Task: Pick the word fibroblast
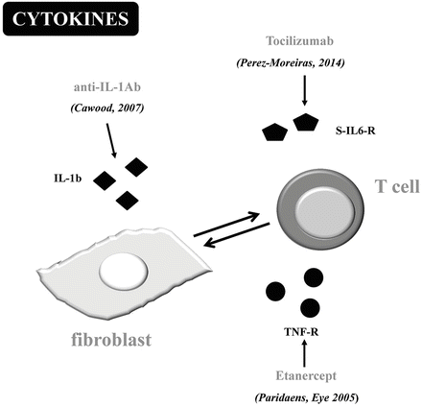click(118, 338)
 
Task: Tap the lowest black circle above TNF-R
click(309, 306)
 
